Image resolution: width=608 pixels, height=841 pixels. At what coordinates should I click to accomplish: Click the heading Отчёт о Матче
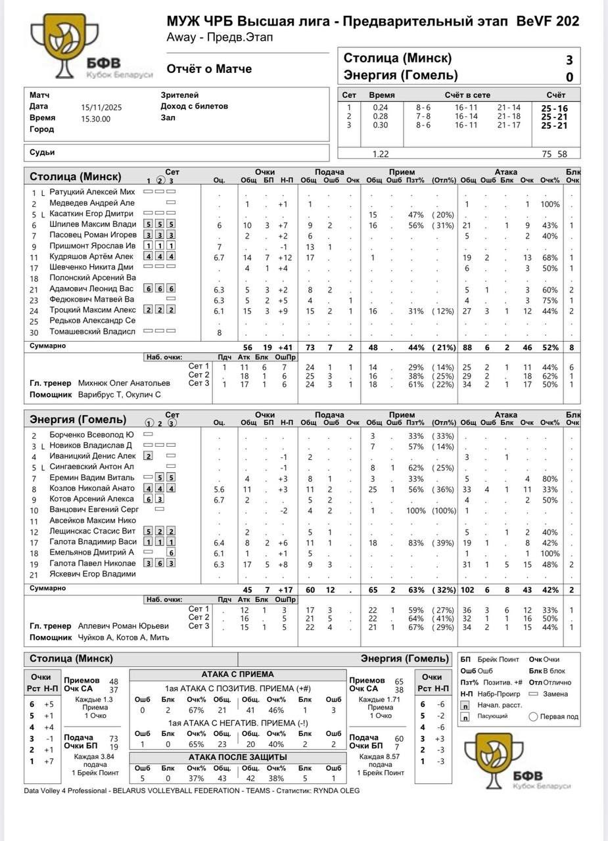pos(209,69)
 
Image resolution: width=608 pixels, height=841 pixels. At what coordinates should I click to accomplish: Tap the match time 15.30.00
pos(96,119)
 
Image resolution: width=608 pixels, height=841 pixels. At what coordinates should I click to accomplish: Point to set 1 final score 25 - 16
pos(553,108)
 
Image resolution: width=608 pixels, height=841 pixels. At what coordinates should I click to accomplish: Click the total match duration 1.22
pos(381,154)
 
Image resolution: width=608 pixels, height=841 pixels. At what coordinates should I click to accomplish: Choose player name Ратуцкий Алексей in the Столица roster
pos(92,192)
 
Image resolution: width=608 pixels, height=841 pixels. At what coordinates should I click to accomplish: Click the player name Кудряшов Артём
pos(91,256)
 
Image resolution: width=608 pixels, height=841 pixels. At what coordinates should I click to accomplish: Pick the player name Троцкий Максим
pos(93,309)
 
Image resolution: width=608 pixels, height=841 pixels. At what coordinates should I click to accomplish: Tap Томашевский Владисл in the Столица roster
pos(93,331)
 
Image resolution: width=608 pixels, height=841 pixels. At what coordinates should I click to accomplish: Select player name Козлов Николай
pos(92,488)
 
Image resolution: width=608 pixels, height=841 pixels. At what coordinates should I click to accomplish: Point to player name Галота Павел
pos(93,563)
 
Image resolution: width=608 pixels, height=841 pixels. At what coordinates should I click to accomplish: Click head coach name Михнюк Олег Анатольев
pos(124,383)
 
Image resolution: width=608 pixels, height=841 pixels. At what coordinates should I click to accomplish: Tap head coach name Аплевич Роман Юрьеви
pos(124,626)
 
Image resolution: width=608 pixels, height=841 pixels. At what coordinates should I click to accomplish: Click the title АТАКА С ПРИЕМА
pos(237,674)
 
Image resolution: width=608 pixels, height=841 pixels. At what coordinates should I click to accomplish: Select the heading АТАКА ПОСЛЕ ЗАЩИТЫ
pos(237,757)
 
